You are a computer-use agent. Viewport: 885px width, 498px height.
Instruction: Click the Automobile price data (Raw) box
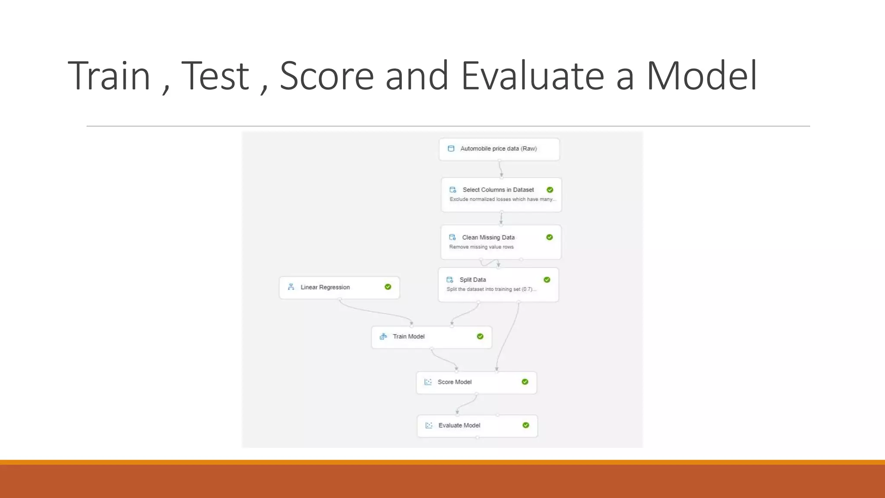coord(499,149)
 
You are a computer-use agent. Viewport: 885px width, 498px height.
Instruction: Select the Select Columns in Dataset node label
coord(498,190)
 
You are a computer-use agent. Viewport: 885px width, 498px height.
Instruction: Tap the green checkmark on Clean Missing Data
coord(549,237)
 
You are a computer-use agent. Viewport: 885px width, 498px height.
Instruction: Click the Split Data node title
coord(472,280)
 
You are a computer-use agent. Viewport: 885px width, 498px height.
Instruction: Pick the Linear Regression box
coord(339,287)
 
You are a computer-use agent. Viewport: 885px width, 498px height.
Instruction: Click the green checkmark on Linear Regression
coord(388,287)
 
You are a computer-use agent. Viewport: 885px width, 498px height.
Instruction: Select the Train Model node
coord(431,337)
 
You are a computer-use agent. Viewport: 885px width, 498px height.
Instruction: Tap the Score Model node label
coord(454,382)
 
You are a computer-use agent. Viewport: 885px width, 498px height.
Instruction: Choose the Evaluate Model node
coord(477,426)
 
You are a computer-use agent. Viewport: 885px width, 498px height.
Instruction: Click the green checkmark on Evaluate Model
coord(525,425)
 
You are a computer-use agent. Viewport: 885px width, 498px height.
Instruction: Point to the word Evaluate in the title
coord(532,76)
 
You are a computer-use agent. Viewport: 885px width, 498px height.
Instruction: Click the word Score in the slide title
coord(327,76)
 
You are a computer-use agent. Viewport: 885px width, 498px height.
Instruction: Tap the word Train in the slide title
coord(109,76)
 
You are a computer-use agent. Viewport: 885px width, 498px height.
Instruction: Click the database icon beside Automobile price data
coord(451,149)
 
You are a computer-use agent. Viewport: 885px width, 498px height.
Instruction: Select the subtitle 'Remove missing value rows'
coord(481,247)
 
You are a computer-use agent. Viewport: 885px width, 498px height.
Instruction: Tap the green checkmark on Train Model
coord(480,336)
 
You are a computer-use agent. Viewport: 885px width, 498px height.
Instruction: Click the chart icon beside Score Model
coord(428,382)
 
